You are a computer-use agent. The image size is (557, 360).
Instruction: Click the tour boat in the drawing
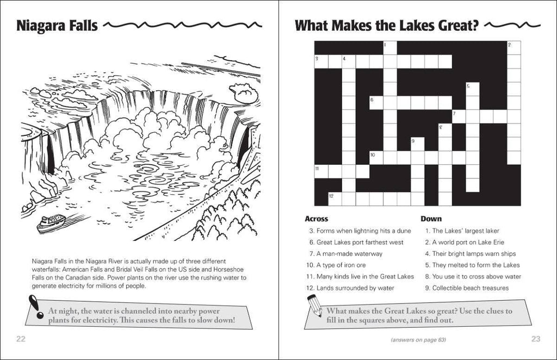[51, 222]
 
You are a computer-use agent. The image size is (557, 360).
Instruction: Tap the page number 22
[21, 339]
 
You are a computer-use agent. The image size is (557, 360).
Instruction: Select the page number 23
[535, 339]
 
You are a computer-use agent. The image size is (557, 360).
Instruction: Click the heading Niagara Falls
[57, 26]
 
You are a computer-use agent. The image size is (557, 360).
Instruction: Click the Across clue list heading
[316, 219]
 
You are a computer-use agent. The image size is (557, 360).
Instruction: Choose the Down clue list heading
[431, 219]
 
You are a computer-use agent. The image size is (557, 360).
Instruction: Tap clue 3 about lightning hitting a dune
[360, 231]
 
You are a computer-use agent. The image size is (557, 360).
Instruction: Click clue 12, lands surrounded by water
[354, 288]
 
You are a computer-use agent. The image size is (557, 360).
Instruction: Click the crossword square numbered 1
[390, 48]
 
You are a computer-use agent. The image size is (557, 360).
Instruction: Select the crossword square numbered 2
[513, 48]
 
